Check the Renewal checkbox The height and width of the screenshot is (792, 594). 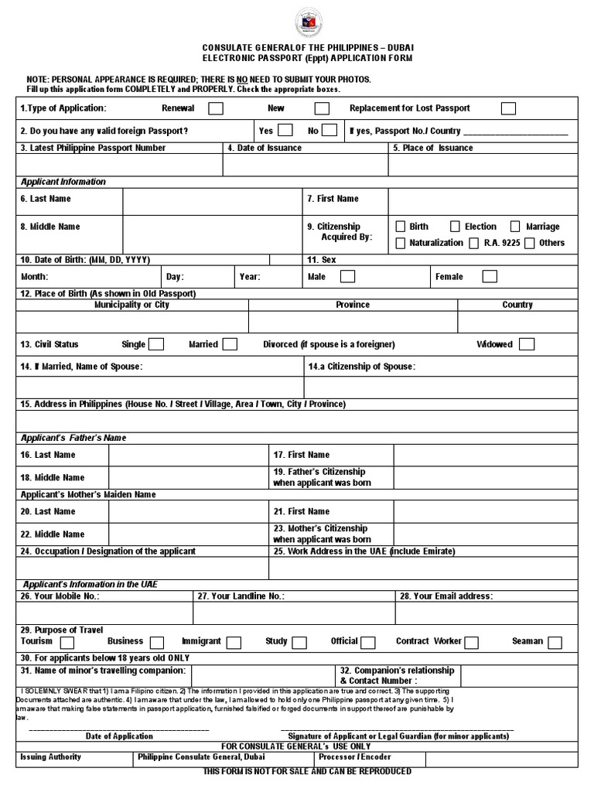pyautogui.click(x=217, y=108)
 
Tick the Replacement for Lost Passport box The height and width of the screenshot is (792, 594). pyautogui.click(x=508, y=108)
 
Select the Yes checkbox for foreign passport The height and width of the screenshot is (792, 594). pyautogui.click(x=285, y=130)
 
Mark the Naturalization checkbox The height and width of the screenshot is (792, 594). pyautogui.click(x=401, y=243)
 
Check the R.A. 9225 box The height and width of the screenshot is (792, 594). pyautogui.click(x=473, y=243)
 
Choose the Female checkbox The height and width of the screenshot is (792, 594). pyautogui.click(x=490, y=276)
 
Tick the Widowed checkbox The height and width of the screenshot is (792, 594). pyautogui.click(x=527, y=344)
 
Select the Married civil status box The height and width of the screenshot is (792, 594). pyautogui.click(x=230, y=344)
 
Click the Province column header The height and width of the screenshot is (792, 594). pyautogui.click(x=353, y=305)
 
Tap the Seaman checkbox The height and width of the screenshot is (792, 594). pyautogui.click(x=554, y=642)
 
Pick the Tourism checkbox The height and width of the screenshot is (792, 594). pyautogui.click(x=67, y=642)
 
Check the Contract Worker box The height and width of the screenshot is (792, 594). pyautogui.click(x=471, y=642)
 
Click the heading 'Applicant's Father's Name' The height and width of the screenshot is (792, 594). pyautogui.click(x=73, y=438)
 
